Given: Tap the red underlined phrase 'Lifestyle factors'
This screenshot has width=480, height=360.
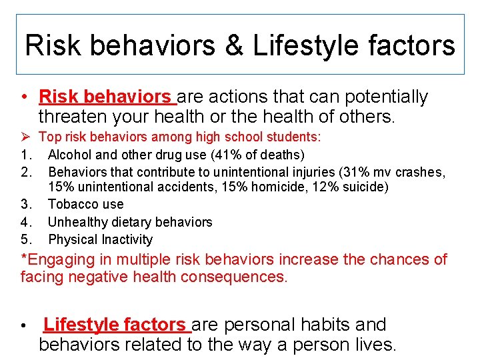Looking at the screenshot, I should coord(114,325).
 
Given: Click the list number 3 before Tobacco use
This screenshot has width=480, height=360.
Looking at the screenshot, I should coord(25,205).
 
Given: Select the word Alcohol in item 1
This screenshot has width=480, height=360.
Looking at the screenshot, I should coord(71,155).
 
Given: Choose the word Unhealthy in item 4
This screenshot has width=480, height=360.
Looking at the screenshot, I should coord(77,222).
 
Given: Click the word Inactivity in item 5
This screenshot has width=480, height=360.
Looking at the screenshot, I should coord(127,239).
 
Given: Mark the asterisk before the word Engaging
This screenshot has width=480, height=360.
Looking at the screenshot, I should coord(24,257).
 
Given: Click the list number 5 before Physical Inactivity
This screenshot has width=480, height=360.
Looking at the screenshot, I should coord(25,239).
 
